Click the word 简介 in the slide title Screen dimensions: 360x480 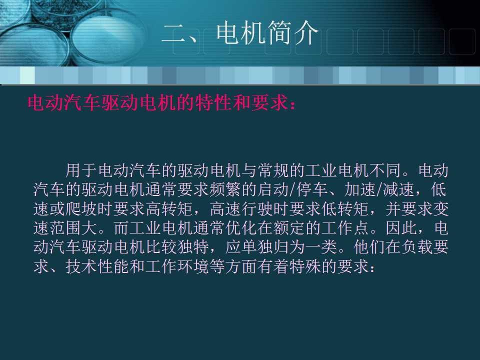pos(293,34)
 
